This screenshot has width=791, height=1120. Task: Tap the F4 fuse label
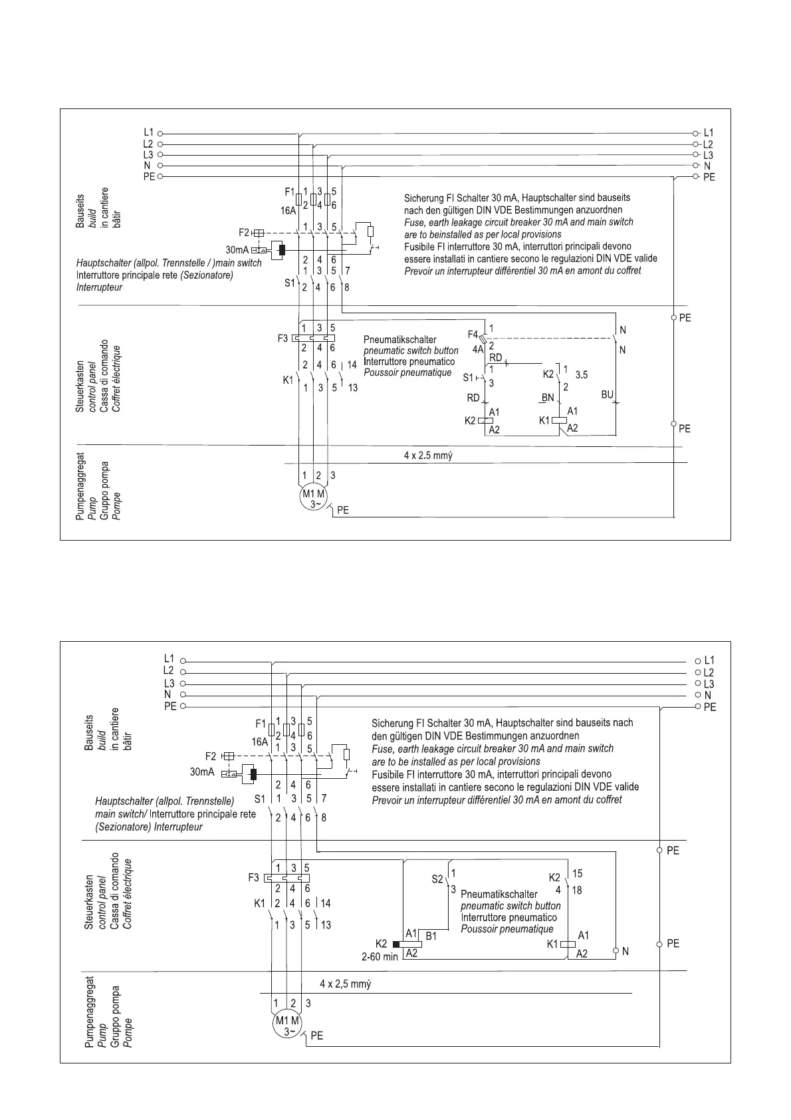(x=473, y=334)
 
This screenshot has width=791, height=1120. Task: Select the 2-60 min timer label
(x=380, y=956)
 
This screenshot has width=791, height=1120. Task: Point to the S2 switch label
(x=437, y=879)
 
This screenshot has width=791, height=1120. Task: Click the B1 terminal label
(x=431, y=936)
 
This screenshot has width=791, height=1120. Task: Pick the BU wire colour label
(x=607, y=395)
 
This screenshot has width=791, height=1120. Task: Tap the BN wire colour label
(x=547, y=398)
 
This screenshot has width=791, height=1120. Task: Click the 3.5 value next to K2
(x=582, y=375)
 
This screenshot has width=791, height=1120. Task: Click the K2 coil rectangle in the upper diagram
(x=485, y=420)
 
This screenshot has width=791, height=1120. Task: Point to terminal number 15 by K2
(x=577, y=873)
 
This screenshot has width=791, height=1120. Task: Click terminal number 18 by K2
(x=577, y=890)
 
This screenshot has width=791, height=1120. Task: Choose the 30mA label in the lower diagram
(x=202, y=772)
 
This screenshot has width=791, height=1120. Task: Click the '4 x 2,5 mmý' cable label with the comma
(x=345, y=984)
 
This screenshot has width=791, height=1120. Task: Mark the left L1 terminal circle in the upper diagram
(x=161, y=133)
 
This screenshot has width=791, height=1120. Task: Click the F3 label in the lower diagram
(x=253, y=877)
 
